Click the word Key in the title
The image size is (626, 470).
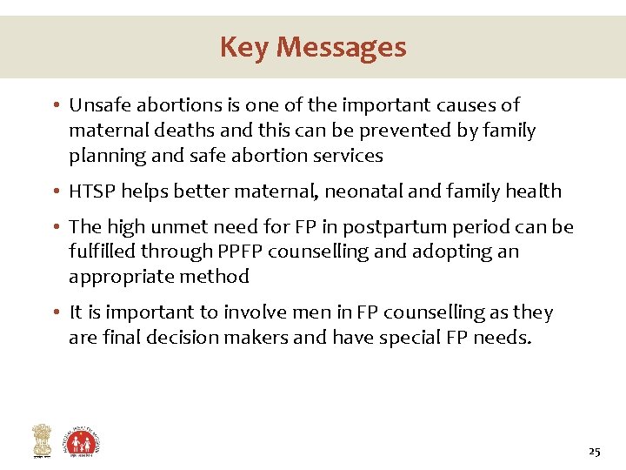[244, 47]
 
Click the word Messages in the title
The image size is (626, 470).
[342, 47]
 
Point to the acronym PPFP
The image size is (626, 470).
[243, 252]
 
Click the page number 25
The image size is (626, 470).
[594, 451]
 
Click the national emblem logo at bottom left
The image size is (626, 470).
[41, 440]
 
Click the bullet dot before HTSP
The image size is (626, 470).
[55, 191]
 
